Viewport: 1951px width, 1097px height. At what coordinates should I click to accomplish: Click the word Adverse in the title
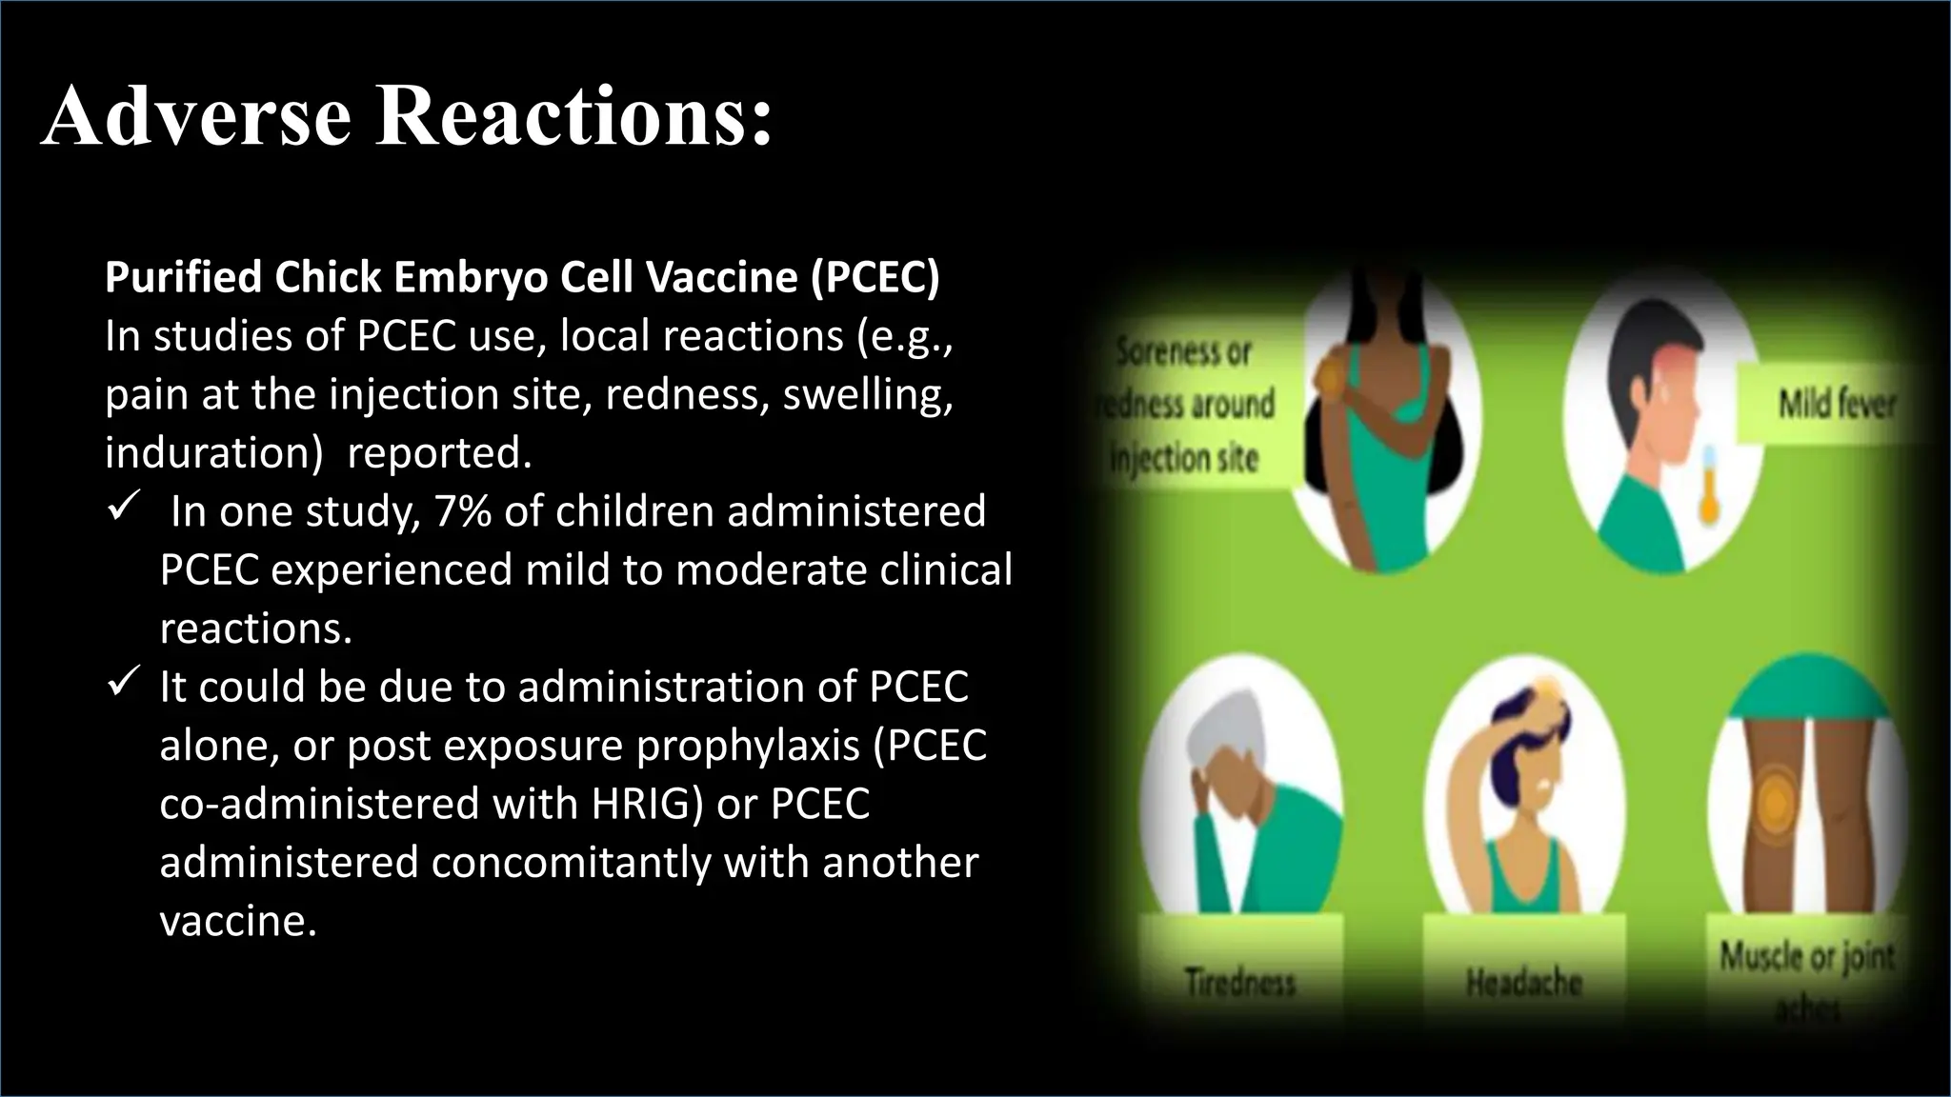coord(196,116)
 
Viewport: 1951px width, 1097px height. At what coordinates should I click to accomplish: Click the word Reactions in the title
coord(573,116)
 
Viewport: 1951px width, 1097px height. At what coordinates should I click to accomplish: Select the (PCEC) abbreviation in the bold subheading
coord(875,277)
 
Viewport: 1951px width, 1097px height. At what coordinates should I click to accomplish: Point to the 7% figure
coord(462,511)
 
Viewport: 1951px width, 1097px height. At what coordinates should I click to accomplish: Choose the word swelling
coord(867,394)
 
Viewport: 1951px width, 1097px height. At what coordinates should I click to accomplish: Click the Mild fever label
coord(1836,405)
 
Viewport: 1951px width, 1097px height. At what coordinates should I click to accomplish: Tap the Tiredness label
coord(1239,981)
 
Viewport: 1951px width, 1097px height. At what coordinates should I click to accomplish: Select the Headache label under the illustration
coord(1523,981)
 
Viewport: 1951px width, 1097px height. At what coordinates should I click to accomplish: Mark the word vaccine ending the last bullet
coord(237,921)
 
